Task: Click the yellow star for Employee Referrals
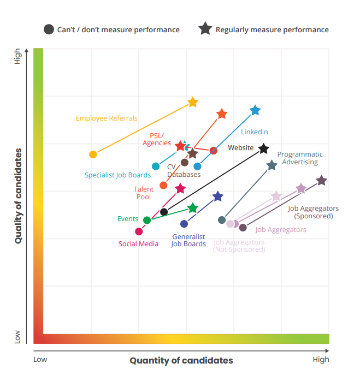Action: coord(193,102)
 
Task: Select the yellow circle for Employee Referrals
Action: coord(93,154)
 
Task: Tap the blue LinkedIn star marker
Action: coord(255,111)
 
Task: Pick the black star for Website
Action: coord(264,148)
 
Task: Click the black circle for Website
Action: coord(164,212)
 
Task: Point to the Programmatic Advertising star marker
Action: coord(272,165)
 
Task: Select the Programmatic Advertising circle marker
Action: coord(222,220)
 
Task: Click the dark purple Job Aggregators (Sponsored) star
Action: coord(322,181)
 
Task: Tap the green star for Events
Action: coord(193,208)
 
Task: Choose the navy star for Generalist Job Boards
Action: coord(218,197)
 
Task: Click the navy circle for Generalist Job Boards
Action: coord(184,224)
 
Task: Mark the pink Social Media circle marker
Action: coord(139,231)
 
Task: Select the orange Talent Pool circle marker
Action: coord(163,186)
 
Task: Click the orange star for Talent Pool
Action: coord(222,114)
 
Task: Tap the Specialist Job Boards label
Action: coord(117,175)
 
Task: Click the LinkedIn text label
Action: coord(255,132)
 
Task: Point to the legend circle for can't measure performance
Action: coord(49,29)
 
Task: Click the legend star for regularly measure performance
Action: coord(205,29)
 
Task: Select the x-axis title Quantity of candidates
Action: coord(181,360)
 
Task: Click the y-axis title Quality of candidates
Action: coord(19,195)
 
